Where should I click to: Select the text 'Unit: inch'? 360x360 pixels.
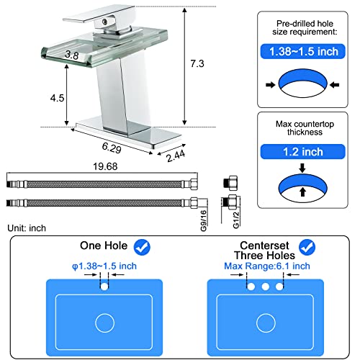tap(26, 228)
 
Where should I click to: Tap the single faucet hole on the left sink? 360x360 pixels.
tap(106, 287)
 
